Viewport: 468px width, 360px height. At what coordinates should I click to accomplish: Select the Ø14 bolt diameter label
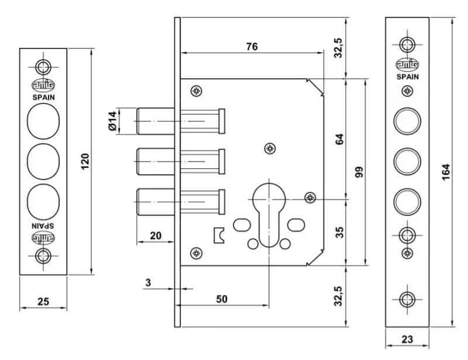[112, 122]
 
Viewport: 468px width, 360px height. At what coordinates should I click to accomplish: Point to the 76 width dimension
[252, 46]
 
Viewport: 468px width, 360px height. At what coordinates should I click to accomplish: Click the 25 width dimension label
[43, 302]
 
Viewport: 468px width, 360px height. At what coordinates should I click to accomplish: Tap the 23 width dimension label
[407, 338]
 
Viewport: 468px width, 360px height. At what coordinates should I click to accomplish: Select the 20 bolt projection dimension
[155, 236]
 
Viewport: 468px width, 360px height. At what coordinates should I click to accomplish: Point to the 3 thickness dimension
[148, 283]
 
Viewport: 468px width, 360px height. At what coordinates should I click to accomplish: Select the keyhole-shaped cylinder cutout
[269, 216]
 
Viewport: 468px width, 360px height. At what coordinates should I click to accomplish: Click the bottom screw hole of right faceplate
[407, 298]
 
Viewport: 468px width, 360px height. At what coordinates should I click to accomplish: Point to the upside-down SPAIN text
[43, 224]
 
